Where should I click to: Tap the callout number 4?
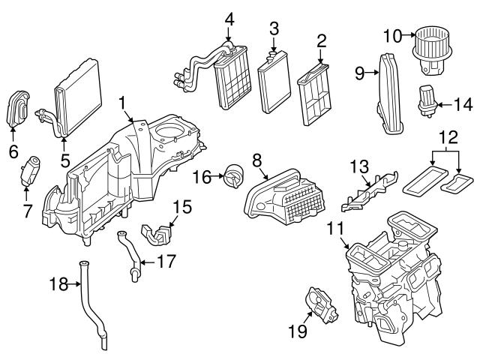[x=229, y=18]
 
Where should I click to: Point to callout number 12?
[x=447, y=137]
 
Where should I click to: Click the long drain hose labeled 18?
[x=94, y=307]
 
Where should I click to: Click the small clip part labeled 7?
[x=31, y=170]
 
